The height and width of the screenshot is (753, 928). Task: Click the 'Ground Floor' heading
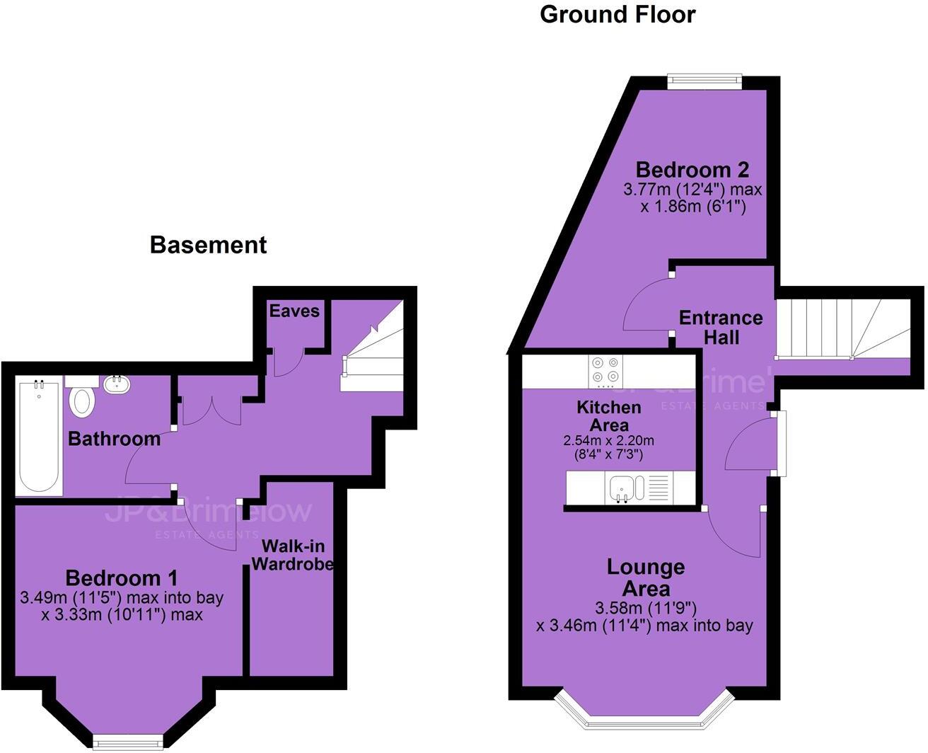pyautogui.click(x=617, y=14)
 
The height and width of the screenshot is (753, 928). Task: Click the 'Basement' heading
pyautogui.click(x=208, y=245)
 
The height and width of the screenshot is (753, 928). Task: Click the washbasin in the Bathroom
pyautogui.click(x=117, y=384)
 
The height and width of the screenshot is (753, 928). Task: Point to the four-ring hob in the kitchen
pyautogui.click(x=605, y=370)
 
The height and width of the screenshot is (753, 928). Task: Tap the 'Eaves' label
pyautogui.click(x=294, y=311)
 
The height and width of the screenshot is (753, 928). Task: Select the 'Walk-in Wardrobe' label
pyautogui.click(x=293, y=555)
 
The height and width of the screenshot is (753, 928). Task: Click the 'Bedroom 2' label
pyautogui.click(x=692, y=170)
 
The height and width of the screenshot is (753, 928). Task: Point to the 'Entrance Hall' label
pyautogui.click(x=721, y=327)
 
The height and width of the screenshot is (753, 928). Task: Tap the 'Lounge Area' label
pyautogui.click(x=646, y=577)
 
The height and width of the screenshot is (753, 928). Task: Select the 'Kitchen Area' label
pyautogui.click(x=609, y=416)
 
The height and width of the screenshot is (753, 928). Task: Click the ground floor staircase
pyautogui.click(x=842, y=329)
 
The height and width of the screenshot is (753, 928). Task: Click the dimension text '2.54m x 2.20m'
pyautogui.click(x=608, y=440)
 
